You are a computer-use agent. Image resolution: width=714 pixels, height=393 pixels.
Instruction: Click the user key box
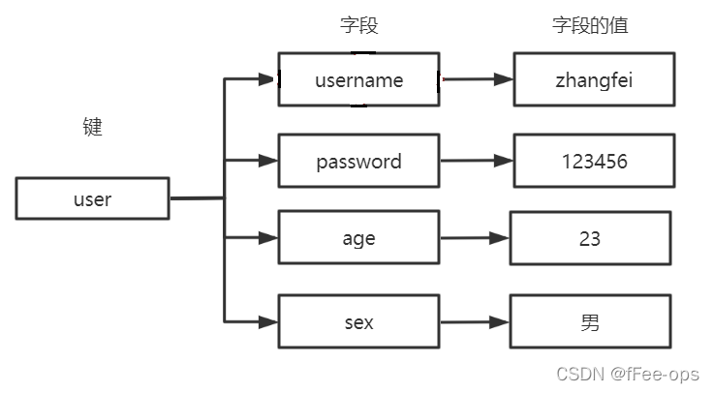pyautogui.click(x=92, y=198)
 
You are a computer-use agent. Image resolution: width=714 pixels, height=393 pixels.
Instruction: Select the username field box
pyautogui.click(x=358, y=79)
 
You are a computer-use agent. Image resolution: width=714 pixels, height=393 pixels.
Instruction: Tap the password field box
pyautogui.click(x=358, y=161)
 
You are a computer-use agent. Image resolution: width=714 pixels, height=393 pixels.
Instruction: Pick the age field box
pyautogui.click(x=358, y=237)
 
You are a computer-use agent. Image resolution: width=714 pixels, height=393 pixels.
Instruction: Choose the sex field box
pyautogui.click(x=358, y=322)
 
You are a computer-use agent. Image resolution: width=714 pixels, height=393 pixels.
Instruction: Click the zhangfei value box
pyautogui.click(x=594, y=79)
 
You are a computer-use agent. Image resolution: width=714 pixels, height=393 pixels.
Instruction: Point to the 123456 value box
pyautogui.click(x=594, y=161)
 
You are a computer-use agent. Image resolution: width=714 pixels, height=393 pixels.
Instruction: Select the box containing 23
pyautogui.click(x=590, y=237)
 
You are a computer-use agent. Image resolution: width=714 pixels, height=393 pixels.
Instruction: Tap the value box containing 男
pyautogui.click(x=590, y=322)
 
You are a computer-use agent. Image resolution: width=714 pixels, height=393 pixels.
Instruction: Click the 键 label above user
pyautogui.click(x=92, y=128)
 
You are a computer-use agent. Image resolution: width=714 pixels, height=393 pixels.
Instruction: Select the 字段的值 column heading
pyautogui.click(x=590, y=26)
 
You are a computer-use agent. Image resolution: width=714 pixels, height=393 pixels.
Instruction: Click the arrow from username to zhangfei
pyautogui.click(x=476, y=79)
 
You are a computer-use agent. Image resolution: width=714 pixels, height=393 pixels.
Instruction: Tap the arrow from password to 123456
pyautogui.click(x=476, y=162)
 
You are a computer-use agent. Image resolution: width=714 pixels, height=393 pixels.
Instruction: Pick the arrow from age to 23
pyautogui.click(x=474, y=237)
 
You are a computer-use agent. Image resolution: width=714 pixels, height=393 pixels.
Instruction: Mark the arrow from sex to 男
pyautogui.click(x=474, y=322)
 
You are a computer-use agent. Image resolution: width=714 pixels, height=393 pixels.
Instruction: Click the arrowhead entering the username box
pyautogui.click(x=268, y=79)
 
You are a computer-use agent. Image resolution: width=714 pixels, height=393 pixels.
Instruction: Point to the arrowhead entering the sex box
pyautogui.click(x=268, y=321)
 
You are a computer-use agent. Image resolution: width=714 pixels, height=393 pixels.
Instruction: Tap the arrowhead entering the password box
pyautogui.click(x=268, y=160)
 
